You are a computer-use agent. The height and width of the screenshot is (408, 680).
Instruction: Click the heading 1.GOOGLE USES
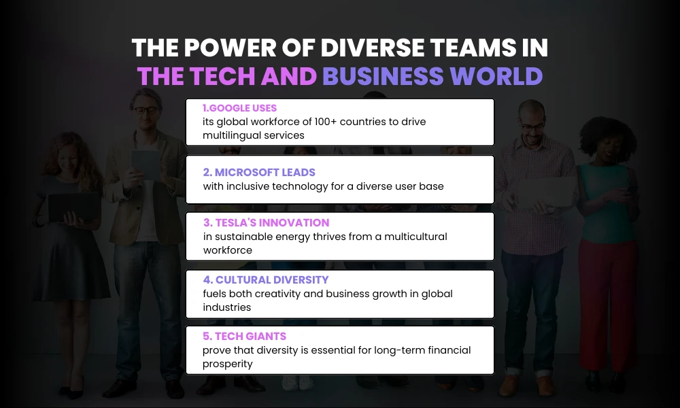click(x=239, y=108)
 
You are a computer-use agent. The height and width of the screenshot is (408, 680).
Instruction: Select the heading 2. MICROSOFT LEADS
click(x=259, y=172)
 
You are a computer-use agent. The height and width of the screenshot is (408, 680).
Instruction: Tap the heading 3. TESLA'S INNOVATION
click(x=266, y=222)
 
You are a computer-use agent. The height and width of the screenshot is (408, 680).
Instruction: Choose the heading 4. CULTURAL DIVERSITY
click(x=266, y=279)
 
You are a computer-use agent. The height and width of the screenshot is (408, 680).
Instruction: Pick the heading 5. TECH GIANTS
click(x=244, y=336)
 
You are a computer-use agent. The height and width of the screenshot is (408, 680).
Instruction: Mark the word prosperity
click(x=228, y=364)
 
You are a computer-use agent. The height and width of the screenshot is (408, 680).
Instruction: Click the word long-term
click(x=390, y=350)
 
